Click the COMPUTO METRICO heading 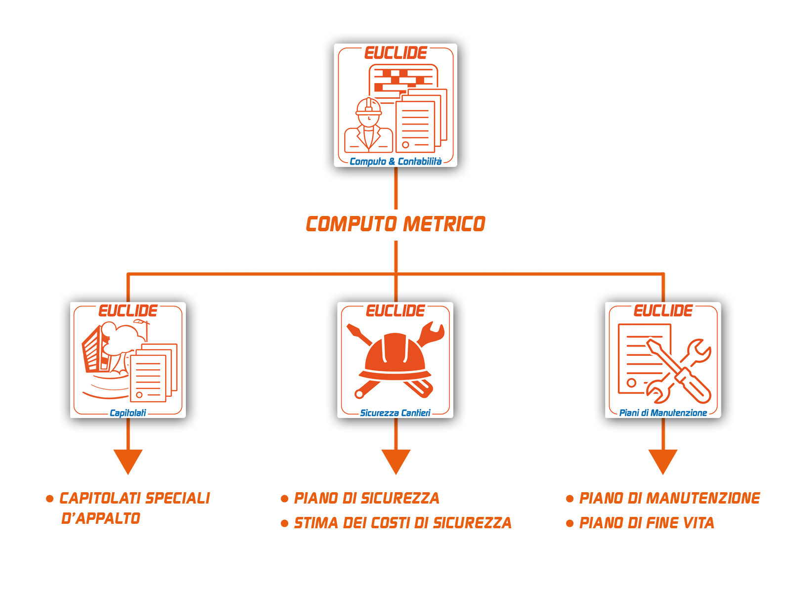pyautogui.click(x=395, y=224)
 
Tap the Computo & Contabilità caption pyautogui.click(x=395, y=162)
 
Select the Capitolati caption pyautogui.click(x=128, y=413)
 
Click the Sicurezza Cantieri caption pyautogui.click(x=395, y=413)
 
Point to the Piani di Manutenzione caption pyautogui.click(x=663, y=413)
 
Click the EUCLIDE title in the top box pyautogui.click(x=395, y=53)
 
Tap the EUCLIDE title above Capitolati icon pyautogui.click(x=128, y=311)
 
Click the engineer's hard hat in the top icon pyautogui.click(x=369, y=106)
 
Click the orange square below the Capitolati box pyautogui.click(x=128, y=462)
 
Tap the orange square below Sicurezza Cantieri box pyautogui.click(x=396, y=462)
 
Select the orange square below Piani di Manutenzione pyautogui.click(x=663, y=462)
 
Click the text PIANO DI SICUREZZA pyautogui.click(x=367, y=499)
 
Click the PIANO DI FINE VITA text pyautogui.click(x=647, y=523)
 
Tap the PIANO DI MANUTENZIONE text pyautogui.click(x=669, y=499)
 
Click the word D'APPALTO pyautogui.click(x=101, y=518)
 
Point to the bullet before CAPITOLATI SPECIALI pyautogui.click(x=50, y=498)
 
